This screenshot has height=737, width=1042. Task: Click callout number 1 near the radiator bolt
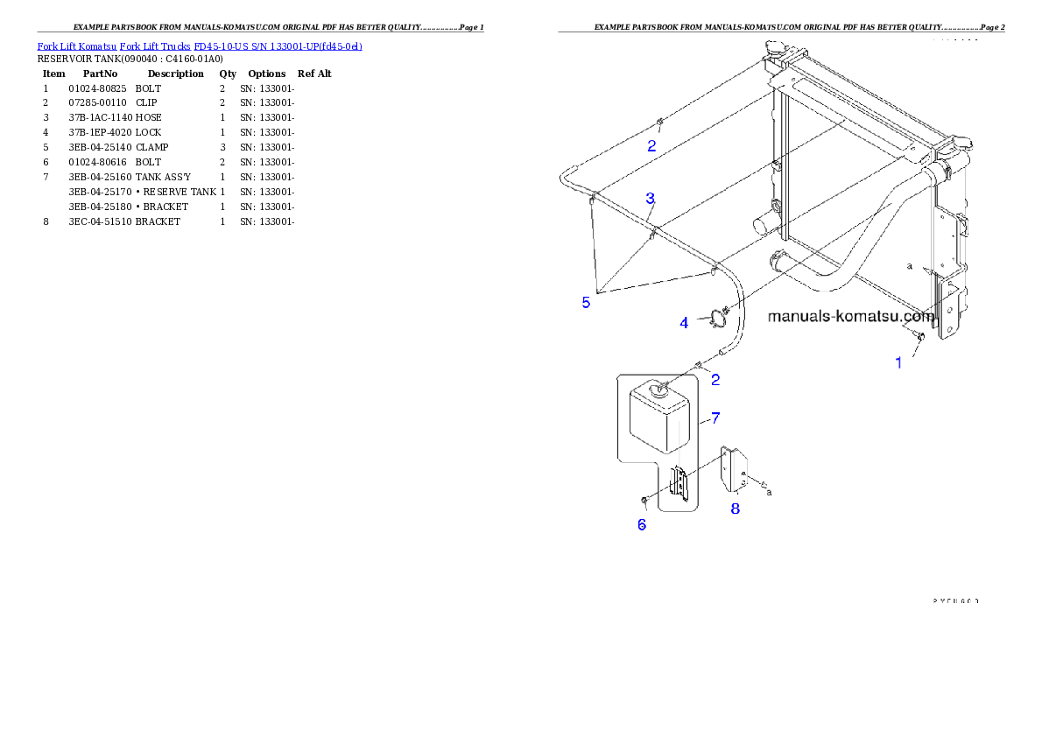[x=898, y=362]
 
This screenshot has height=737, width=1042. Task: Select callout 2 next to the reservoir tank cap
[x=715, y=380]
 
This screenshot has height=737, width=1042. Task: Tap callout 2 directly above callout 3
[x=651, y=146]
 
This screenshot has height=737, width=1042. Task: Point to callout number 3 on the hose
[x=651, y=199]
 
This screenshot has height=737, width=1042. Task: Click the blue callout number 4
[x=685, y=323]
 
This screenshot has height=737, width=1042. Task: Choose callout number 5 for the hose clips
[x=586, y=303]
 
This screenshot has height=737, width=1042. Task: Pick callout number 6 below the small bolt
[x=642, y=524]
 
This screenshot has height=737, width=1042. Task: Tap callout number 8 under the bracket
[x=736, y=509]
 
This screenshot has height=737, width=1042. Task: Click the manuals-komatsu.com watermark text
[x=850, y=316]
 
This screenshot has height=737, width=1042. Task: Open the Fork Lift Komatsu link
[x=76, y=46]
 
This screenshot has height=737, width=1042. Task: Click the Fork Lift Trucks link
[x=155, y=46]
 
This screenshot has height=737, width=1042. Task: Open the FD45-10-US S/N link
[x=278, y=46]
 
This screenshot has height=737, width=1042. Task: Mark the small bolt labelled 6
[x=644, y=500]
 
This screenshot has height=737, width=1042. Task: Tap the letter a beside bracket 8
[x=770, y=493]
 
